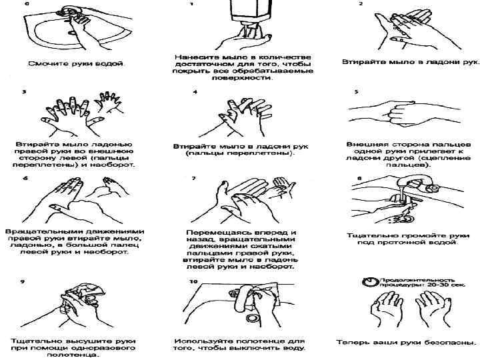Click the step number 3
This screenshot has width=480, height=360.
click(x=25, y=92)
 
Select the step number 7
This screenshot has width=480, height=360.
click(x=193, y=179)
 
